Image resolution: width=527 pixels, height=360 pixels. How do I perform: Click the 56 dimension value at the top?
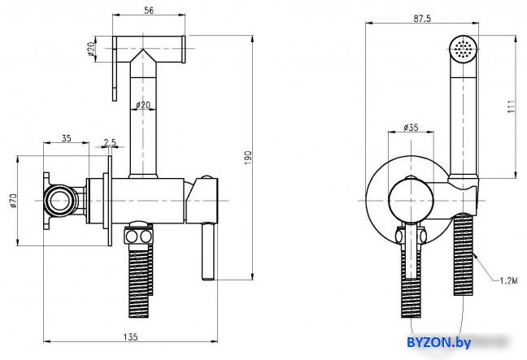(x=149, y=10)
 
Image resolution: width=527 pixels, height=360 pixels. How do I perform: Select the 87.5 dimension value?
(x=422, y=19)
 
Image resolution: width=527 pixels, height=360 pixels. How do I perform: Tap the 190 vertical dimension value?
(x=248, y=158)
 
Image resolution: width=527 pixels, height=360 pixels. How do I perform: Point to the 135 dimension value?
(x=130, y=336)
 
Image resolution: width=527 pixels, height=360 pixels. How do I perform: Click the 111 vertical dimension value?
(x=512, y=106)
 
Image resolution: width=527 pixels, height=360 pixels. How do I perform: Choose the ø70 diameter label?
(x=13, y=201)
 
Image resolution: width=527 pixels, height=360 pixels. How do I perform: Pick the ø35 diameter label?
(x=411, y=127)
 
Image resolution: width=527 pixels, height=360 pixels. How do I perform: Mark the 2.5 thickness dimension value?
(x=110, y=142)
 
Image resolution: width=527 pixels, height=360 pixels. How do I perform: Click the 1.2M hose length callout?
(x=508, y=280)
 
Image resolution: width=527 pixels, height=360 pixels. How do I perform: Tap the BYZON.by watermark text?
(x=438, y=342)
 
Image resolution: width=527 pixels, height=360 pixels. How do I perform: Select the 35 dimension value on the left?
(x=67, y=138)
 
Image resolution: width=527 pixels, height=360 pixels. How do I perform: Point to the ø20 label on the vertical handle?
(x=143, y=105)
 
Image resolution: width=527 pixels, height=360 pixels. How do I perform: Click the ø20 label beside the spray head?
(x=91, y=49)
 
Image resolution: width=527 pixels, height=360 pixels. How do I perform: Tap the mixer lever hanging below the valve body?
(x=208, y=251)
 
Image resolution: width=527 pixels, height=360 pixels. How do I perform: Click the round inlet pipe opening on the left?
(x=60, y=201)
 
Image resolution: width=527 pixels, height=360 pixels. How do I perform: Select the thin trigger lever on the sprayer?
(x=115, y=68)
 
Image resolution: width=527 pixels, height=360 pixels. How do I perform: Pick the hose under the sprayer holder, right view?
(x=464, y=255)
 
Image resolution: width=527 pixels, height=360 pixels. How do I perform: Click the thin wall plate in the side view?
(x=110, y=201)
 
